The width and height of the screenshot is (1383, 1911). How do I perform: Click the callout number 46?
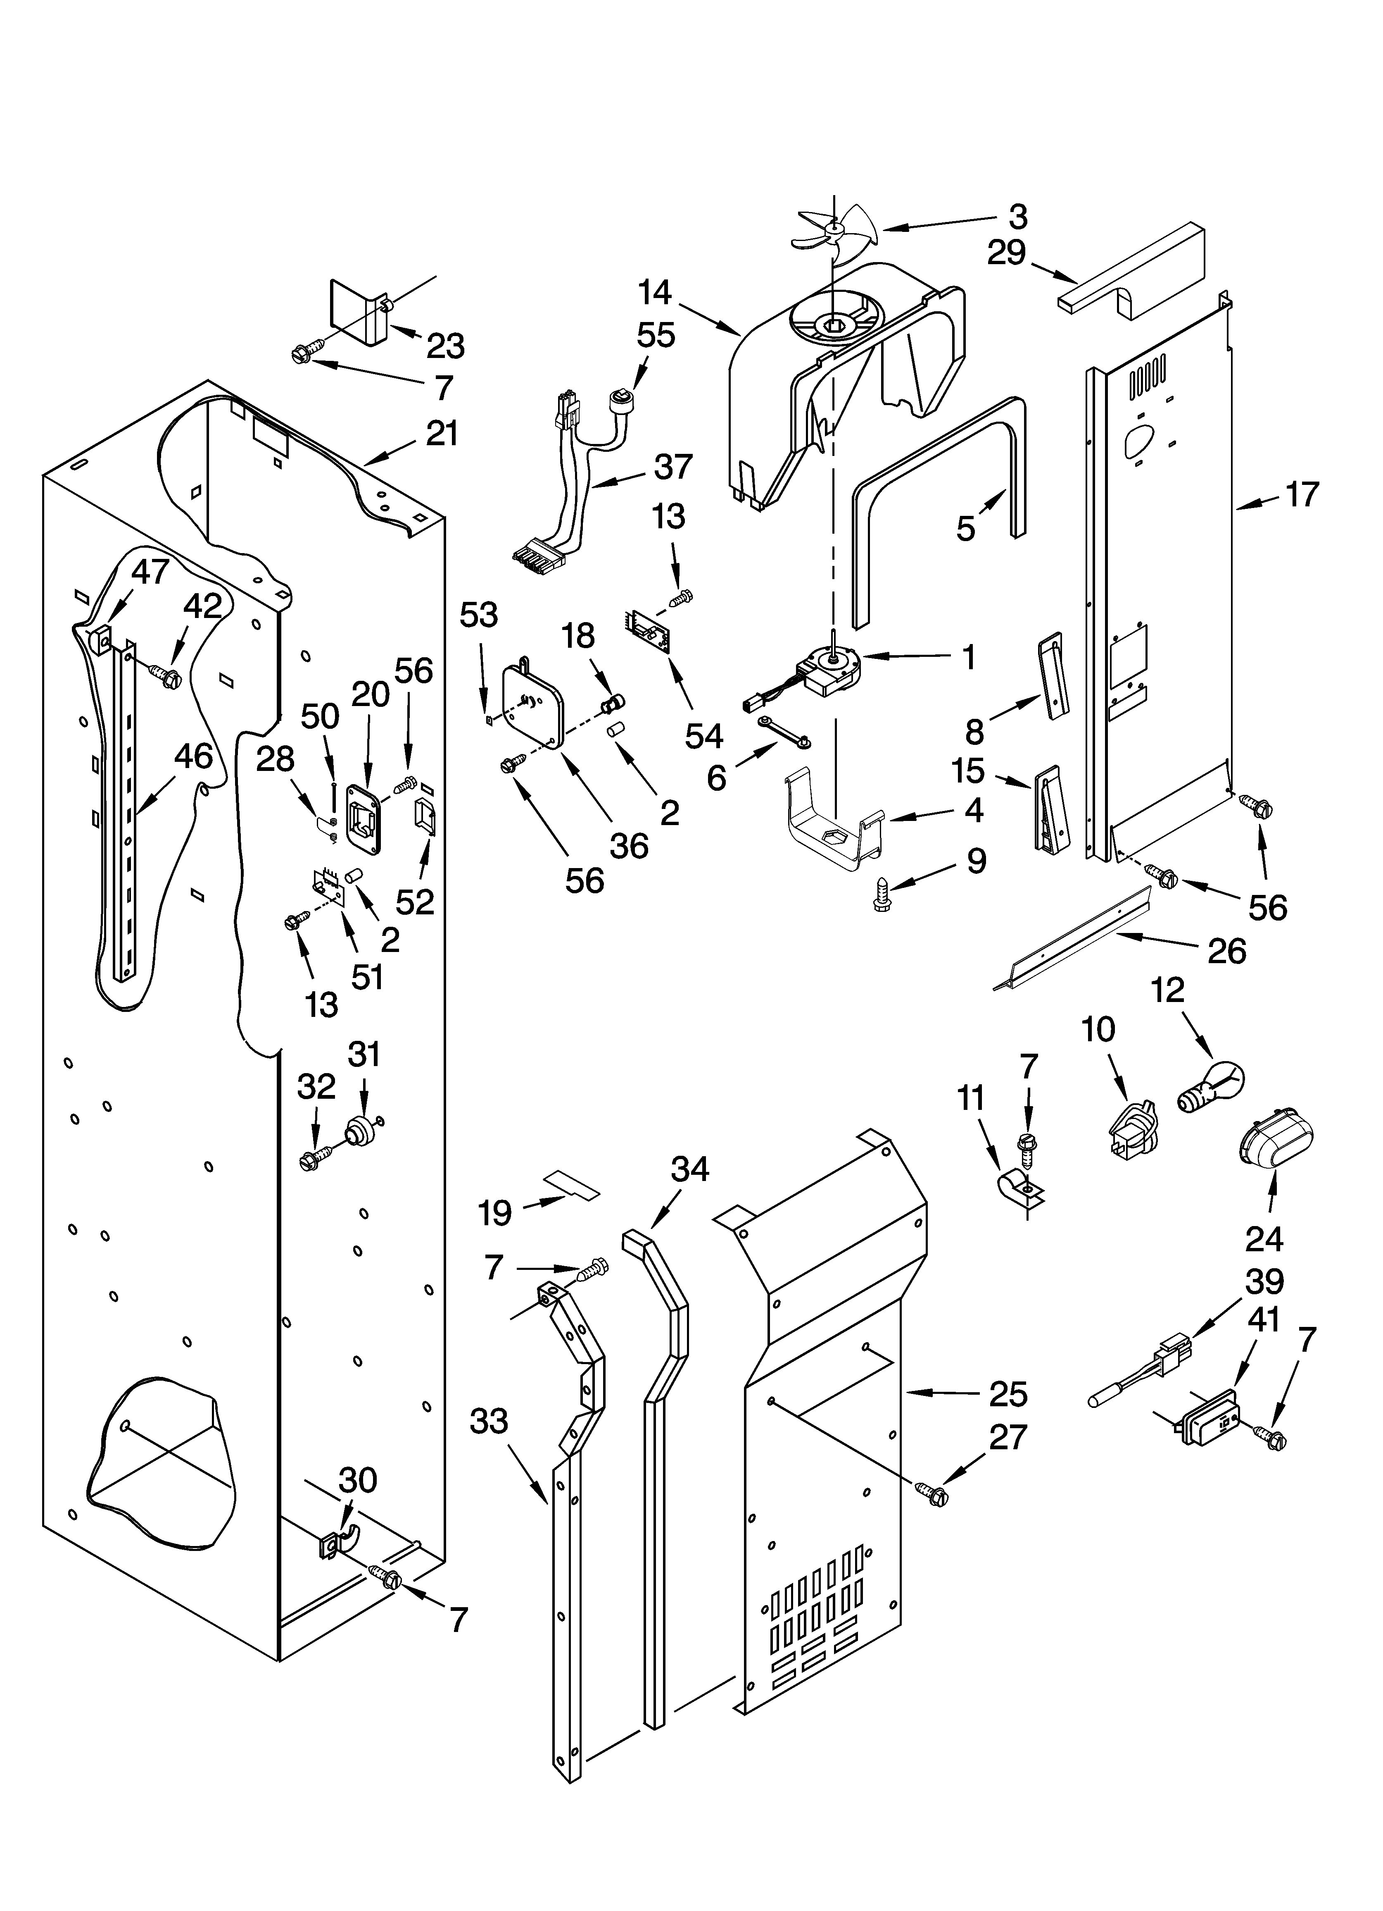193,756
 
